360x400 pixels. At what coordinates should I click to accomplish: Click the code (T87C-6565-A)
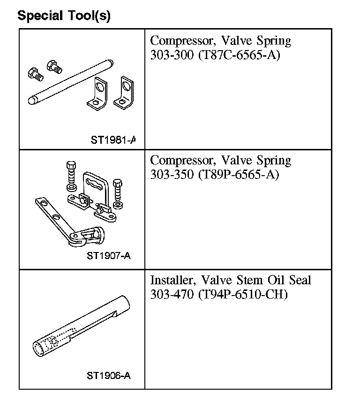(x=239, y=55)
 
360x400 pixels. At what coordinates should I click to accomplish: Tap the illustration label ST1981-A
(x=113, y=140)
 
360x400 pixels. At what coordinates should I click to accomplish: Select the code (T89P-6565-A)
(x=239, y=175)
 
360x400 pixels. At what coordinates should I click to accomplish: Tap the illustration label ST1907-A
(x=108, y=256)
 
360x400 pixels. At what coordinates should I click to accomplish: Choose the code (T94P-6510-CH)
(x=242, y=295)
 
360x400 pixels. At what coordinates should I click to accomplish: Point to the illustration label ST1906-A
(x=108, y=376)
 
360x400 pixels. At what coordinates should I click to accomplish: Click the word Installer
(x=173, y=281)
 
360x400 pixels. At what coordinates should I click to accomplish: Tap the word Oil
(x=277, y=281)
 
